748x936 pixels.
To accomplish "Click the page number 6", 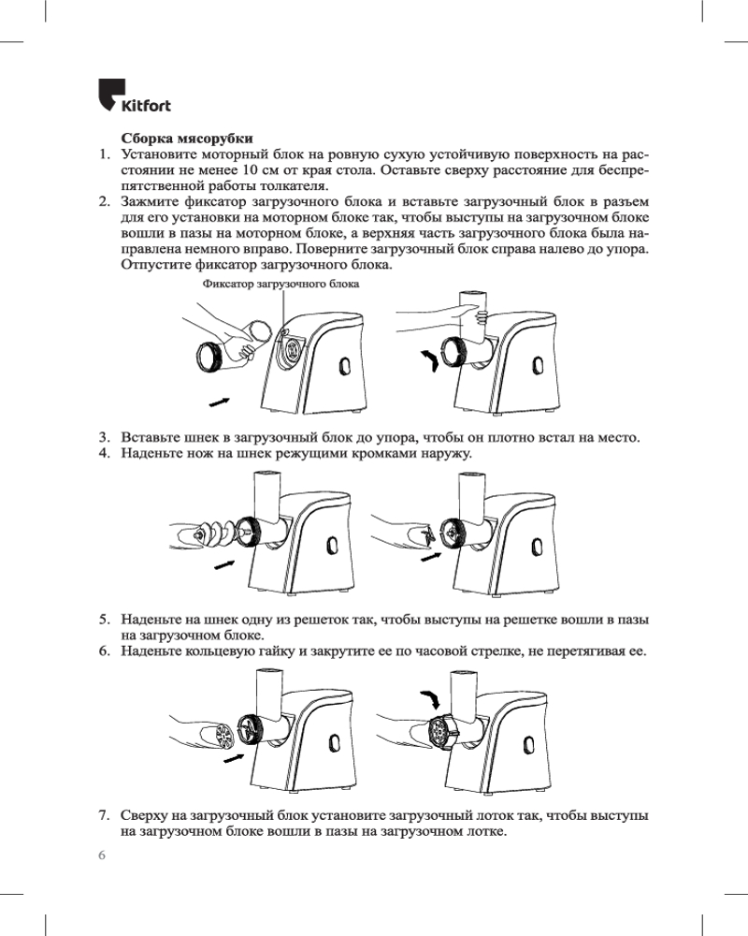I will [103, 856].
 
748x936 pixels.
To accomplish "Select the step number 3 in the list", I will [105, 438].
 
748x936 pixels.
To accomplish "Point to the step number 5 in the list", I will [105, 620].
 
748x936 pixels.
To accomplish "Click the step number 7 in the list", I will [105, 816].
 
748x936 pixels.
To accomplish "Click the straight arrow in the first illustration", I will [220, 401].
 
